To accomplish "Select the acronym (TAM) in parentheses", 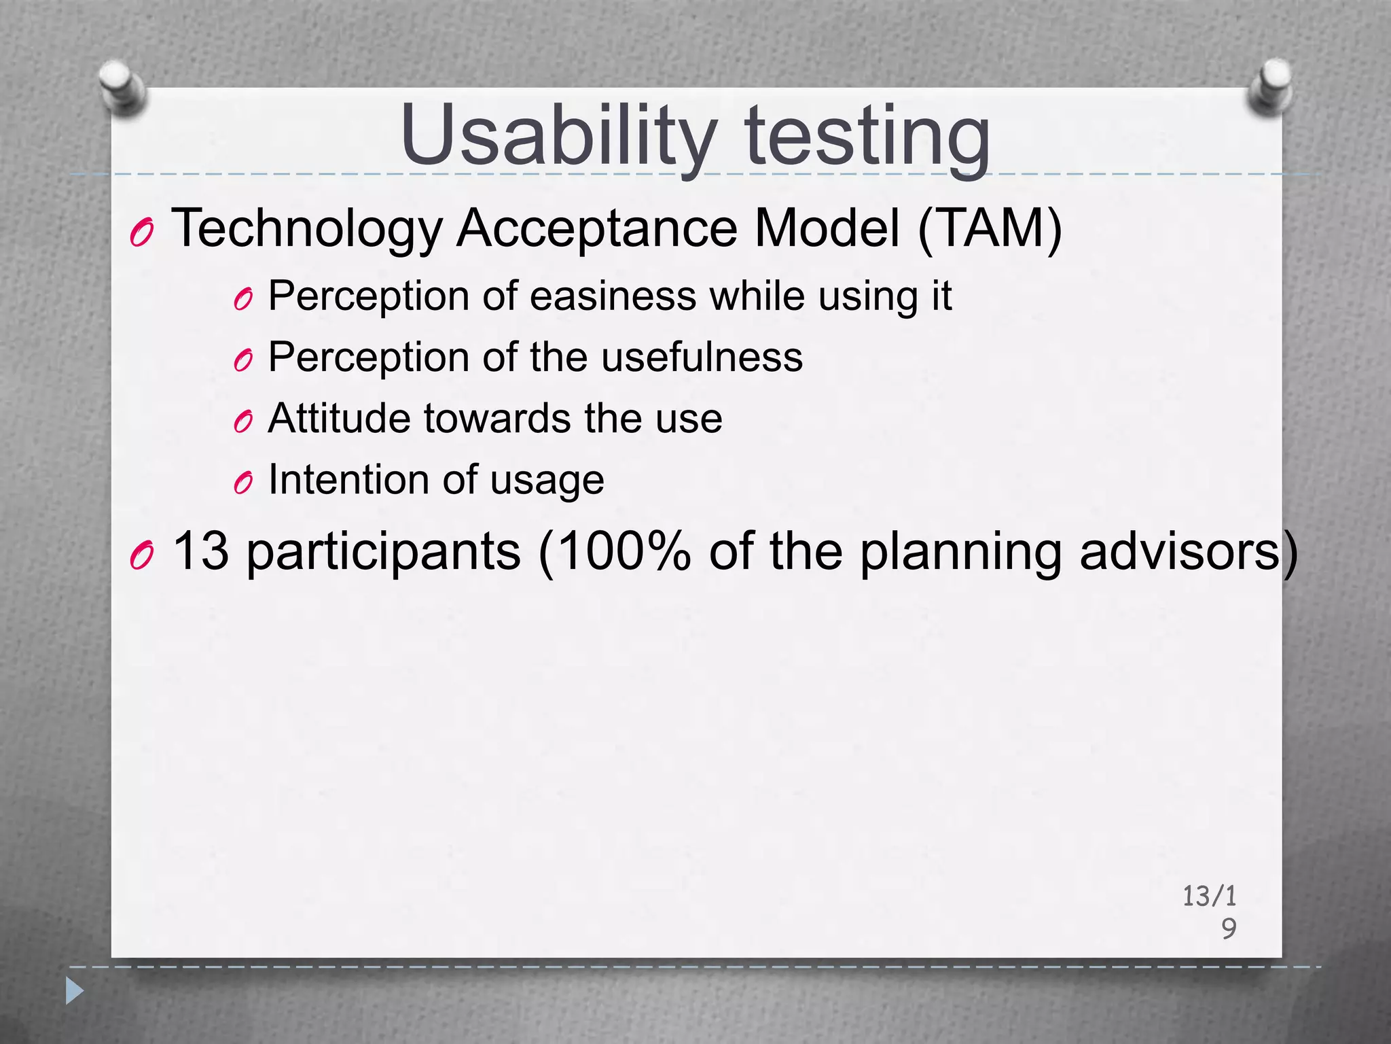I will click(990, 229).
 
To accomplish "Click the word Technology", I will click(306, 229).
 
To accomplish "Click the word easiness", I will click(613, 296).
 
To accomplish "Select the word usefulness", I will click(702, 357).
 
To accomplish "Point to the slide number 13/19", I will click(1210, 911).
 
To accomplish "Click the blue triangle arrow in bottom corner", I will click(74, 991).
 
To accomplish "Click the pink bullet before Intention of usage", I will click(242, 483).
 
